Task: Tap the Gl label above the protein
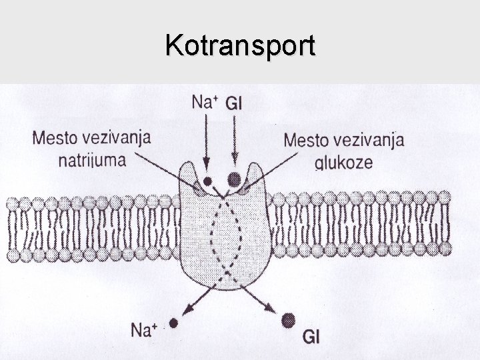click(234, 103)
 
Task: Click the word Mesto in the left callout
click(57, 139)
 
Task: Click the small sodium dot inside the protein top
click(208, 180)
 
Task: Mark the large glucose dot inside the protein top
click(234, 179)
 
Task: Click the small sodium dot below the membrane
click(173, 323)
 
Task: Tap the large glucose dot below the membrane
click(289, 320)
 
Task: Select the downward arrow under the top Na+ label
click(207, 143)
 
